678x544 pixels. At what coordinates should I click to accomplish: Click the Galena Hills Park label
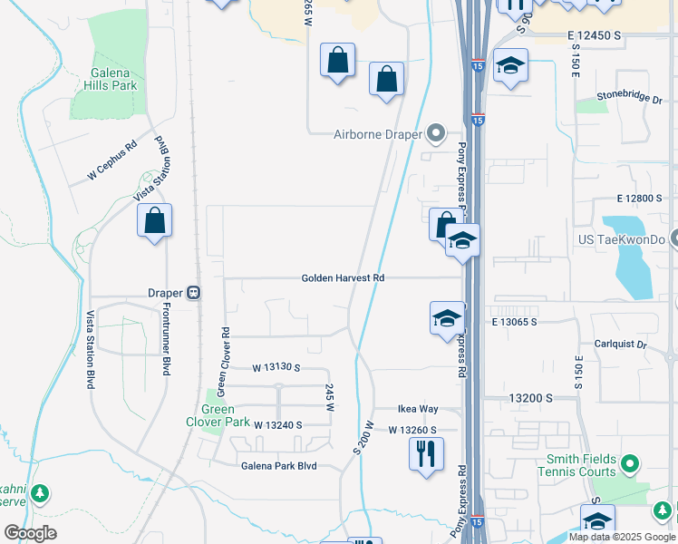[x=113, y=79]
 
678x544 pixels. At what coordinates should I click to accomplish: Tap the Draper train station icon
[x=194, y=293]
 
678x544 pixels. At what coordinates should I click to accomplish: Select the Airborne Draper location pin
[x=437, y=135]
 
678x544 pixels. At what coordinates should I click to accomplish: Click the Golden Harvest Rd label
[x=344, y=278]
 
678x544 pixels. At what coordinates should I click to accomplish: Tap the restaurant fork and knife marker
[x=427, y=452]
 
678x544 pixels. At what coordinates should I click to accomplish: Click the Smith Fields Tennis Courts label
[x=576, y=466]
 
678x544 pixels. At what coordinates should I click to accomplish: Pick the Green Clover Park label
[x=218, y=415]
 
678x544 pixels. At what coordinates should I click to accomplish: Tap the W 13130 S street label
[x=276, y=368]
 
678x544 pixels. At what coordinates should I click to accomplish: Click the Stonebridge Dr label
[x=629, y=96]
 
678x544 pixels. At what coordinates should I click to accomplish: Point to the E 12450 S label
[x=594, y=34]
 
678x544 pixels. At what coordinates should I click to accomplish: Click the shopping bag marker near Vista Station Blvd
[x=154, y=220]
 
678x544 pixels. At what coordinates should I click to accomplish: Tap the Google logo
[x=30, y=533]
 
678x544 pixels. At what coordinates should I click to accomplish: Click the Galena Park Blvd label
[x=278, y=466]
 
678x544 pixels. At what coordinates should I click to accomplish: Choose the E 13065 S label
[x=515, y=322]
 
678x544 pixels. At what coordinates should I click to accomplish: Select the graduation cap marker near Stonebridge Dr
[x=511, y=66]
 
